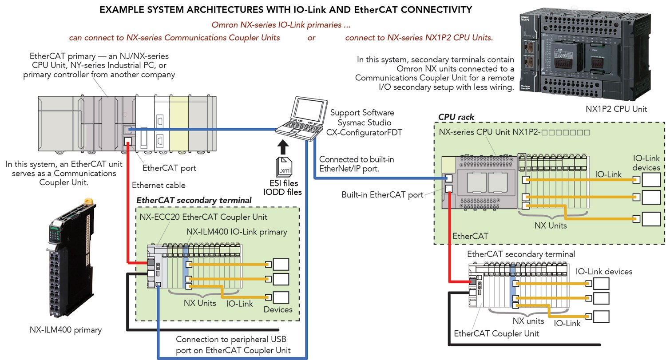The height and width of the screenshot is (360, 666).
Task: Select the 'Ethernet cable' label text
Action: click(158, 186)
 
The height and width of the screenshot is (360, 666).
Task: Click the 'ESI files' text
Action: click(284, 183)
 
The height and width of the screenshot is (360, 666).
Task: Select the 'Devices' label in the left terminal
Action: click(278, 309)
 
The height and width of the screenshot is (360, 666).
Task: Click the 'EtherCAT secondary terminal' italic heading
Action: click(194, 200)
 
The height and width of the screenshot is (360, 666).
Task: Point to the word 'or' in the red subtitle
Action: click(312, 38)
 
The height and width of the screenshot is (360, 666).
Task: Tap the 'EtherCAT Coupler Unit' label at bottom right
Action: click(497, 333)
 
